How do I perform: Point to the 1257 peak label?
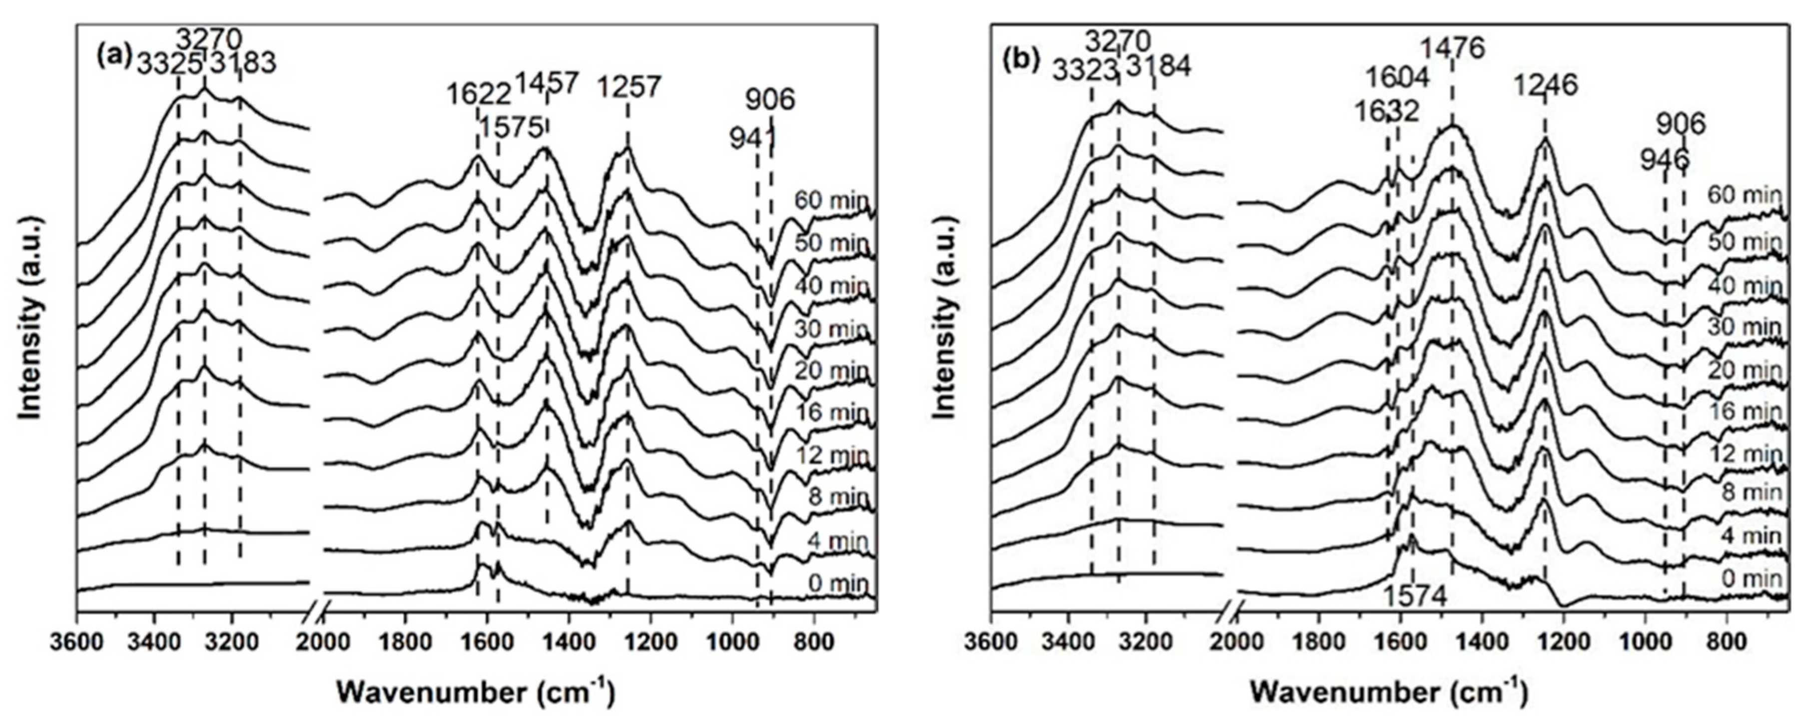click(x=629, y=87)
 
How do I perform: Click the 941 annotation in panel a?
click(x=752, y=138)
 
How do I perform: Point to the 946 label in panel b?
click(x=1664, y=160)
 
